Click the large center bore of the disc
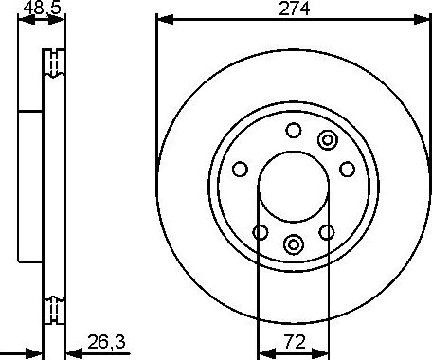click(x=293, y=187)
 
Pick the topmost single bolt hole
click(x=293, y=131)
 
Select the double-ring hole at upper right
click(x=328, y=140)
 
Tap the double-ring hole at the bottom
click(x=293, y=243)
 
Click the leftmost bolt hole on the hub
click(x=240, y=170)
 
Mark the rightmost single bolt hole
click(x=347, y=170)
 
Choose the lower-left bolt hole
click(x=259, y=232)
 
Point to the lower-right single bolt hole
click(x=327, y=232)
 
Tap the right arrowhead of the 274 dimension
click(x=423, y=19)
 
